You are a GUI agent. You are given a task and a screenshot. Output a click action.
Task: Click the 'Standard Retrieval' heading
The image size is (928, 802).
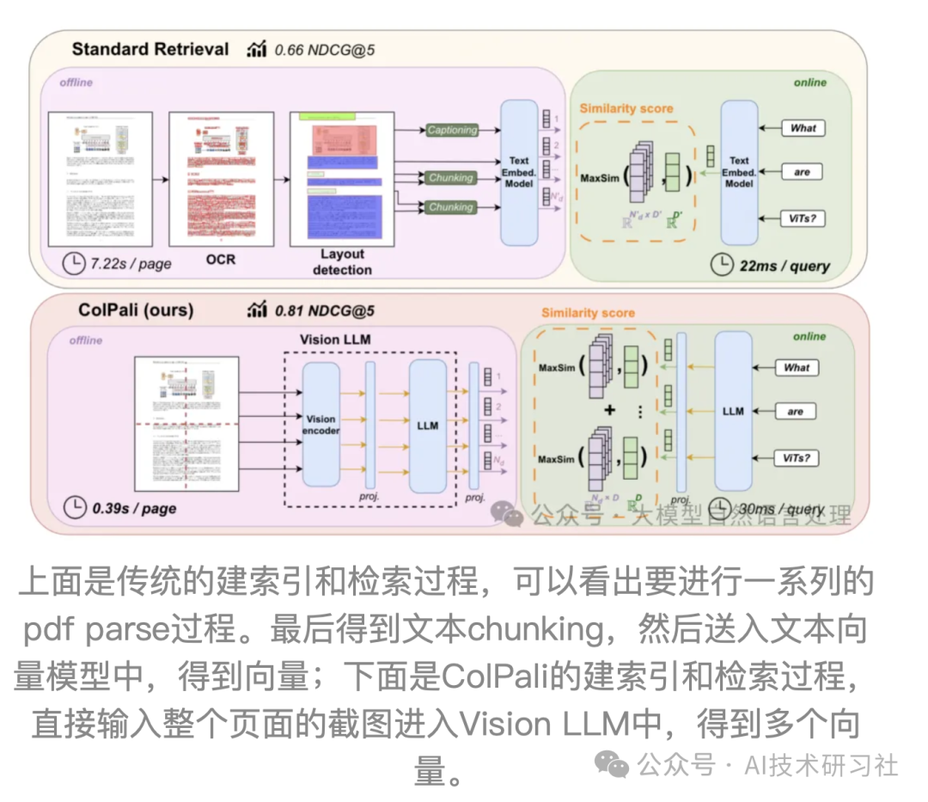(150, 49)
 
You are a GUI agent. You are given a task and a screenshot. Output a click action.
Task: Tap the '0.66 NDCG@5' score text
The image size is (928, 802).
(324, 50)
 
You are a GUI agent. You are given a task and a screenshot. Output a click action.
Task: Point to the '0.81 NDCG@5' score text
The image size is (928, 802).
(324, 310)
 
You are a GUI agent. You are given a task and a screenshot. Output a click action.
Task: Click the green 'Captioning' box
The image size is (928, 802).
(452, 130)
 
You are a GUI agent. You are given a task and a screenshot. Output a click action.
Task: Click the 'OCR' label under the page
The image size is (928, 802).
(220, 259)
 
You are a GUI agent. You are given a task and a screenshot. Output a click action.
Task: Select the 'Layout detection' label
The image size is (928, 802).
(342, 261)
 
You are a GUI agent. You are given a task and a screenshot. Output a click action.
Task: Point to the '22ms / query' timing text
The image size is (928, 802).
(785, 265)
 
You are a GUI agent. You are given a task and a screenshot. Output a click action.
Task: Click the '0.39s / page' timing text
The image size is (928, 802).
(134, 508)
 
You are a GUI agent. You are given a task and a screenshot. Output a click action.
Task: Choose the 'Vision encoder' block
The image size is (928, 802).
(322, 425)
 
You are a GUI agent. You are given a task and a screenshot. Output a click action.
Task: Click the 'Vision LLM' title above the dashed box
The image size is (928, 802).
(335, 340)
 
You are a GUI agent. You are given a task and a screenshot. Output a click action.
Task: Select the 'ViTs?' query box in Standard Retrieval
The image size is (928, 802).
(803, 218)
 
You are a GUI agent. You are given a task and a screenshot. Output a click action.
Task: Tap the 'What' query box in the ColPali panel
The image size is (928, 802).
(797, 367)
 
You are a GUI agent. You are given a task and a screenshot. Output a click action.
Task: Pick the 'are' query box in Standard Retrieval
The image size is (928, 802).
(802, 172)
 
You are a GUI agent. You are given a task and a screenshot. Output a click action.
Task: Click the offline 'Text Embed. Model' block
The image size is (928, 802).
(519, 172)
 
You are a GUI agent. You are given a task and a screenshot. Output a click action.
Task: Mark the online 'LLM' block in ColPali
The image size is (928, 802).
(733, 411)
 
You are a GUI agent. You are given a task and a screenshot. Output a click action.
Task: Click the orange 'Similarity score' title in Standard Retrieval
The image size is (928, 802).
(626, 108)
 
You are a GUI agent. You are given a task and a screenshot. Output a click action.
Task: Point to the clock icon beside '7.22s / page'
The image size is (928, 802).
(74, 263)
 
